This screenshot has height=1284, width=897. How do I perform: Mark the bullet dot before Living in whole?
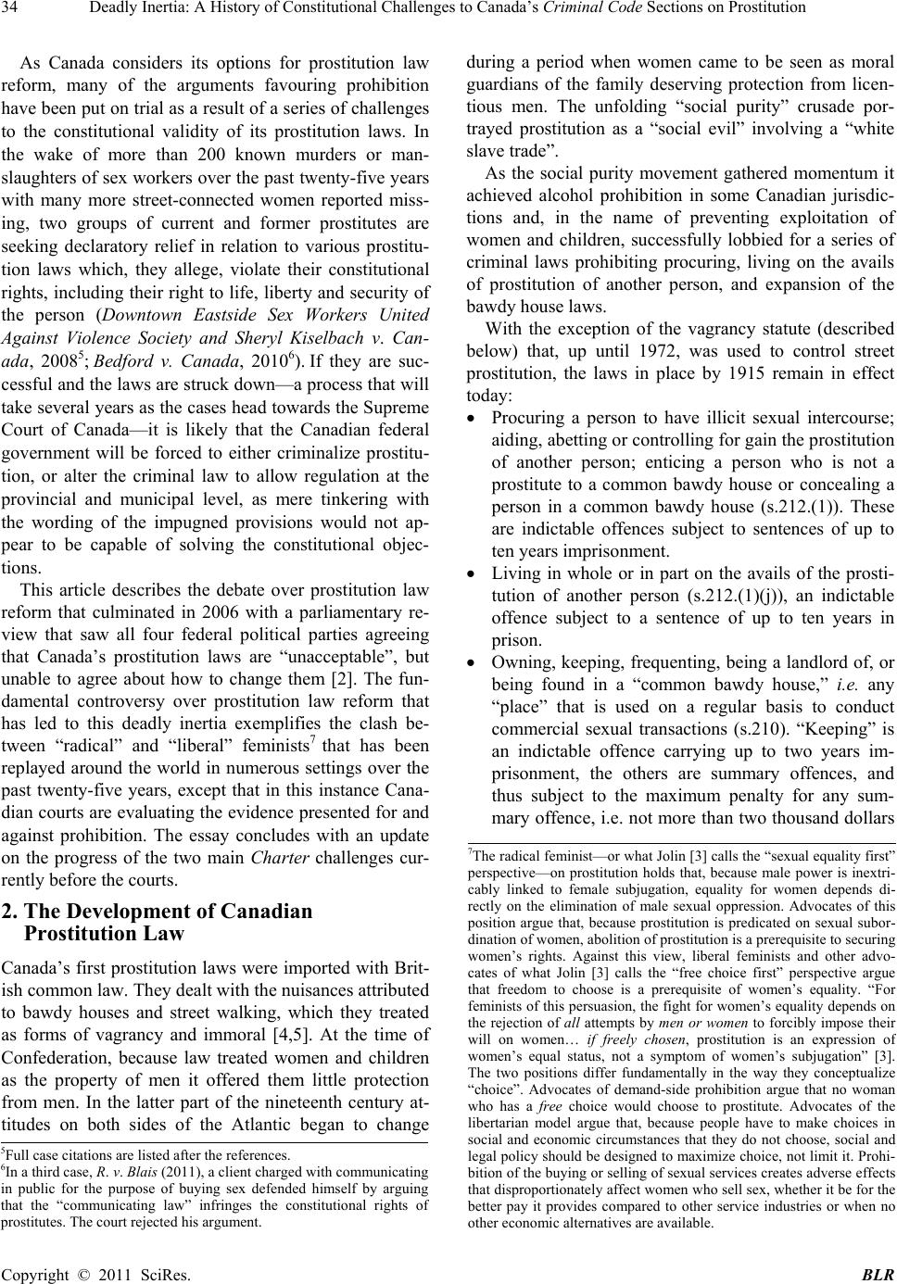tap(474, 575)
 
